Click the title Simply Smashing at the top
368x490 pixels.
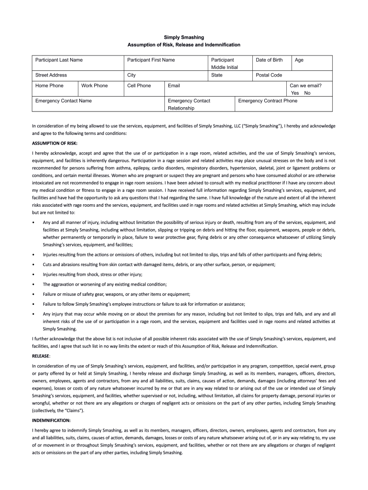coord(184,37)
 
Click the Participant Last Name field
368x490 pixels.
coord(77,63)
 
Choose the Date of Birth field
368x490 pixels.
coord(271,63)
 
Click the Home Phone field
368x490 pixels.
coord(54,89)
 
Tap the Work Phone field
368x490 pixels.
coord(99,89)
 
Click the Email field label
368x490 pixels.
coord(174,86)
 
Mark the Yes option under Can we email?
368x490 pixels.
coord(295,93)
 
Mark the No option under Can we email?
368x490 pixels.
coord(307,93)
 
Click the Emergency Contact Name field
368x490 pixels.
coord(97,104)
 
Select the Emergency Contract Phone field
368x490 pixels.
coord(285,104)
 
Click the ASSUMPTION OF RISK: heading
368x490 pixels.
coord(54,143)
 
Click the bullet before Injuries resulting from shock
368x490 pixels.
coord(32,274)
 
